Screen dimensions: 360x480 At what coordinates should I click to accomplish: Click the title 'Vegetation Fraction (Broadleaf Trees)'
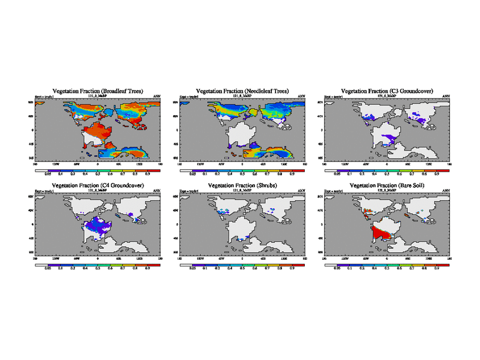(98, 91)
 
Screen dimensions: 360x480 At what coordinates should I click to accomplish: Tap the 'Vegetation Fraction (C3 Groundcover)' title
(388, 91)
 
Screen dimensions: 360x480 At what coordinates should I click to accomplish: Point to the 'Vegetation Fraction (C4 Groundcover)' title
(98, 187)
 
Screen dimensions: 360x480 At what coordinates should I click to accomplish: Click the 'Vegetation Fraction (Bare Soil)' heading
(388, 187)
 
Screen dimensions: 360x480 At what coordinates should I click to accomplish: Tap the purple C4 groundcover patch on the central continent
(96, 226)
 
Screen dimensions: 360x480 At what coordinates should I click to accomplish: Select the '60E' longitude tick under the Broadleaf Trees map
(119, 163)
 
